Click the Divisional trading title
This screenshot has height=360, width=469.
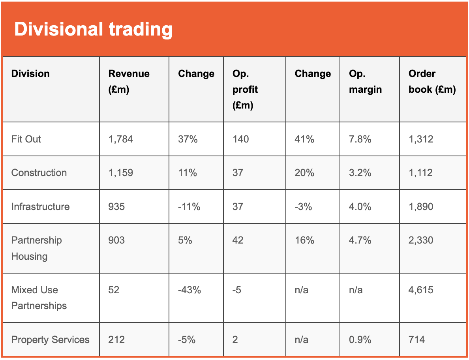click(93, 29)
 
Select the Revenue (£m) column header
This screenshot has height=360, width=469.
click(129, 81)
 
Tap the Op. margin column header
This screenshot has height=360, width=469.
click(365, 81)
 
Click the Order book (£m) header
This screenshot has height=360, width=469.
click(432, 81)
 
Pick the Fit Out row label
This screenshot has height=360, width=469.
click(26, 139)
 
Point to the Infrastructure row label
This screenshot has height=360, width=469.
click(40, 206)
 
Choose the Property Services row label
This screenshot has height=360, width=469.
click(50, 339)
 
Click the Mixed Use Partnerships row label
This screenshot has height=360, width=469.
click(39, 298)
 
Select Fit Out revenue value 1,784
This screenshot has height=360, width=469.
click(120, 139)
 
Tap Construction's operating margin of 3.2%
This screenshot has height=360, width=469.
click(360, 172)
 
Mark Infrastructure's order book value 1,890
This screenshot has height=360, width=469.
click(421, 206)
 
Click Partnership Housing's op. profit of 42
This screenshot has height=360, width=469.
click(238, 240)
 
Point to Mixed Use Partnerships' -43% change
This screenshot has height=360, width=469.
click(189, 290)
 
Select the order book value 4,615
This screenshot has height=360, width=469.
click(421, 290)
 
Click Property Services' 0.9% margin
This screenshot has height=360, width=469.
click(360, 339)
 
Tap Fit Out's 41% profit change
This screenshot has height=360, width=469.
click(304, 139)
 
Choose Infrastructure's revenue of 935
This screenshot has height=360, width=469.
click(116, 206)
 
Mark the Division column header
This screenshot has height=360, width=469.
click(30, 73)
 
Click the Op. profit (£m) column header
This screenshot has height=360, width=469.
click(245, 89)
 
